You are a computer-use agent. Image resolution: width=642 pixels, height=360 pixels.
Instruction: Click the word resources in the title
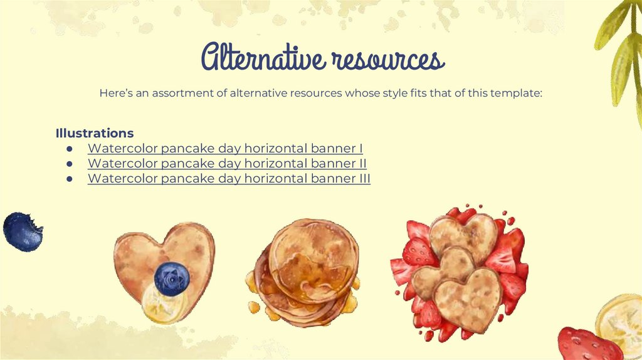[x=387, y=60]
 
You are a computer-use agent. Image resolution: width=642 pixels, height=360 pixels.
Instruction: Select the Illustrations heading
[x=95, y=133]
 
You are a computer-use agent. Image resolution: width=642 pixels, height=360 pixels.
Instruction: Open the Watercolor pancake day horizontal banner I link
[x=225, y=149]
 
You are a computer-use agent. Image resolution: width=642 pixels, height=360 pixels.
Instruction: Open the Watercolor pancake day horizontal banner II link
[x=227, y=164]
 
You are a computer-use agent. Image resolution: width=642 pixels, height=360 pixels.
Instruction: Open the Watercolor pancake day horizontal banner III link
[x=229, y=179]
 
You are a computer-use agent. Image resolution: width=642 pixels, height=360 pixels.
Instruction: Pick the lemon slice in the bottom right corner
[x=621, y=323]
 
